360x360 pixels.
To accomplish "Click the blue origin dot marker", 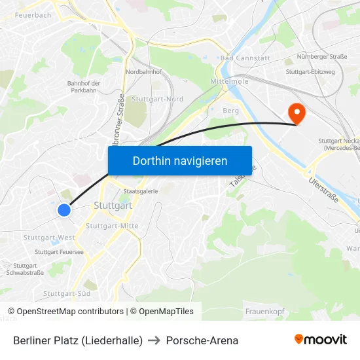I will click(63, 210).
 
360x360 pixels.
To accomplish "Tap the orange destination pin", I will click(297, 114).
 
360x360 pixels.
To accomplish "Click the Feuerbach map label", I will click(33, 15).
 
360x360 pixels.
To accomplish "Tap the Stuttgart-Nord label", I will click(157, 99).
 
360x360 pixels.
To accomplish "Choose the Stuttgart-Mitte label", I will click(112, 226).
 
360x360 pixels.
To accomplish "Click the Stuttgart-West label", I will click(49, 238).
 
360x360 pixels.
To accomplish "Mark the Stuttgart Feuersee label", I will click(59, 251).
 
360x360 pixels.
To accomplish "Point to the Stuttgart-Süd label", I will click(66, 293).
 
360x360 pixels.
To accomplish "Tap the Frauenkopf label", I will click(264, 311).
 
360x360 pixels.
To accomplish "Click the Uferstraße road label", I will click(323, 189).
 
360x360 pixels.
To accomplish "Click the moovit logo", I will click(321, 340).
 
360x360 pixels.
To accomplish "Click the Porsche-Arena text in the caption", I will click(202, 340).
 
